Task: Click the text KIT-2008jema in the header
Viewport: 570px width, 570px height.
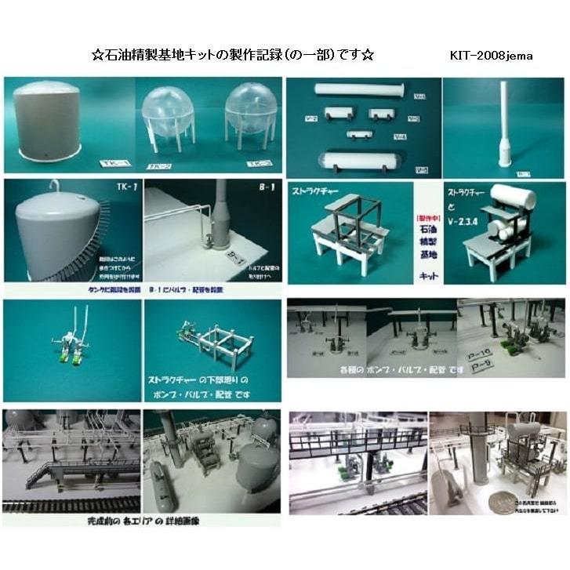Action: pyautogui.click(x=492, y=56)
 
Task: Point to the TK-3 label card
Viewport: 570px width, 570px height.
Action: pyautogui.click(x=258, y=164)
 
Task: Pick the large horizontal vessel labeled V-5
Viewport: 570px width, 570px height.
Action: pyautogui.click(x=360, y=162)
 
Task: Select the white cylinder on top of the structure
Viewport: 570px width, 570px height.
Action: pyautogui.click(x=514, y=198)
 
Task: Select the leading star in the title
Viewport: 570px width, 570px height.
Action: pyautogui.click(x=97, y=56)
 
